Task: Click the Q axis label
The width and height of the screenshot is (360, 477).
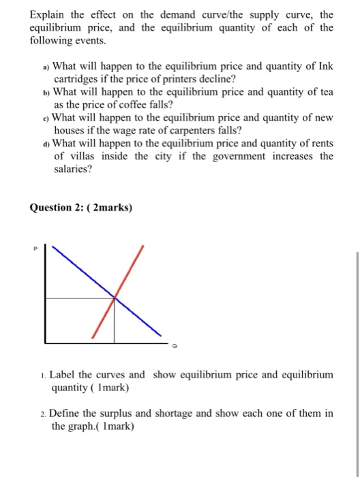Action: click(x=175, y=345)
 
